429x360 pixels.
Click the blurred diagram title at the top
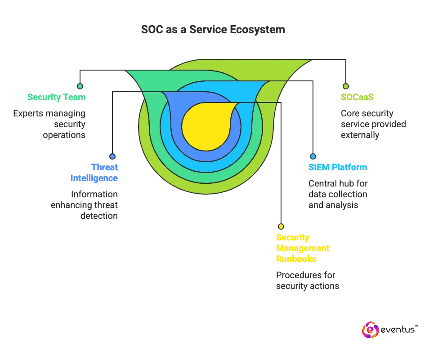click(213, 30)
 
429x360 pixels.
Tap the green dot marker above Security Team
click(80, 86)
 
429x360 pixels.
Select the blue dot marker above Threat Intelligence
click(112, 156)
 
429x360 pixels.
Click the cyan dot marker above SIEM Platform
click(313, 156)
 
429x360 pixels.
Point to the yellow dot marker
click(281, 227)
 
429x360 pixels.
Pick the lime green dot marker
click(345, 86)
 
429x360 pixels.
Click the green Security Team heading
click(56, 97)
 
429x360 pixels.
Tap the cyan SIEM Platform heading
click(337, 168)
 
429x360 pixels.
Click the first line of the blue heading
click(104, 168)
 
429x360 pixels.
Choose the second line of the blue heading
click(94, 178)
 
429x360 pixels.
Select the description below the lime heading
click(372, 124)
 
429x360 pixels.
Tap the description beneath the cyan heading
click(336, 194)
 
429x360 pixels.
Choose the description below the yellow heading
click(307, 281)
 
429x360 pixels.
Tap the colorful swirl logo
click(370, 330)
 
